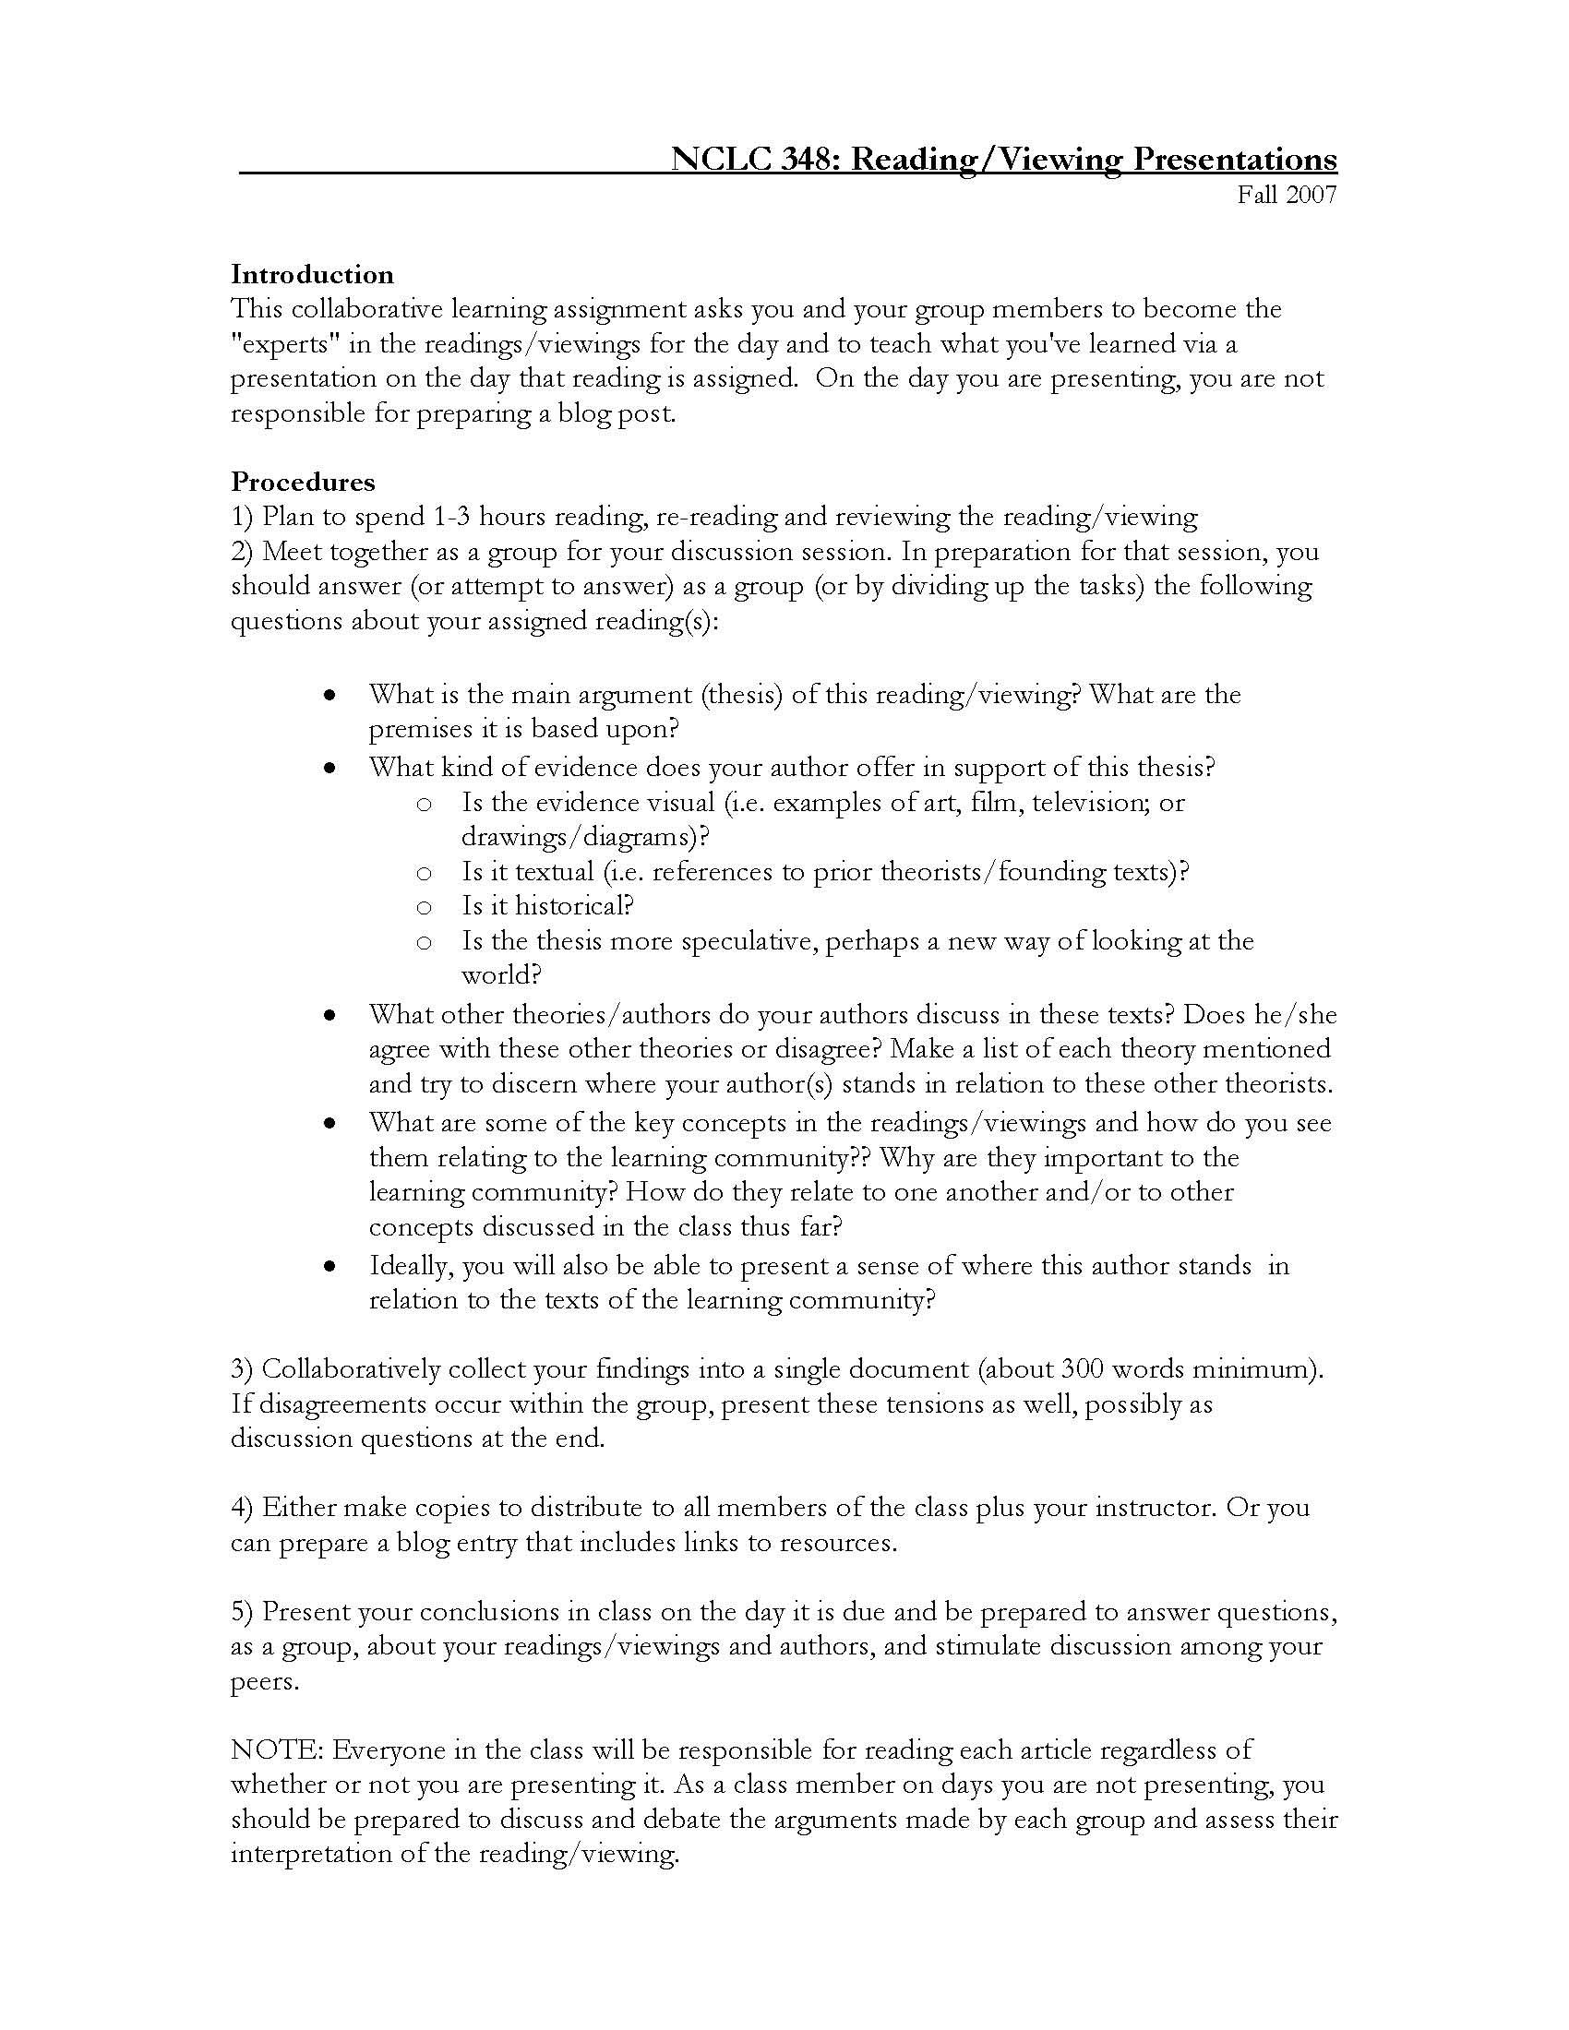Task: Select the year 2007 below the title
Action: [x=1311, y=196]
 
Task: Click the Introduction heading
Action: [x=312, y=275]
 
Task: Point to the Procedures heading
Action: [x=303, y=483]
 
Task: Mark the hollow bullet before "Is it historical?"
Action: [x=424, y=907]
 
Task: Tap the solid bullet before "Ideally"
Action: [x=329, y=1267]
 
